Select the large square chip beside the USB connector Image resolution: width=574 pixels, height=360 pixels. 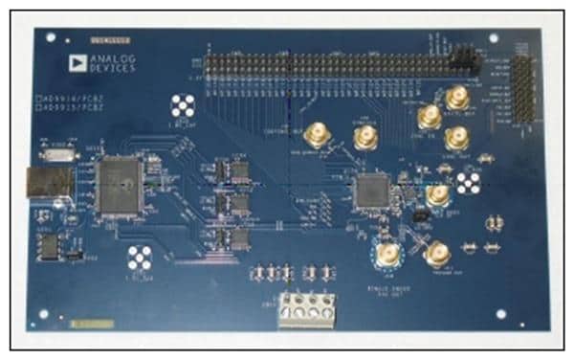[x=120, y=183]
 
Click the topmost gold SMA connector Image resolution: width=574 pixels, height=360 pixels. [x=457, y=97]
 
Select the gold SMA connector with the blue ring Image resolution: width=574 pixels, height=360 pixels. [x=387, y=253]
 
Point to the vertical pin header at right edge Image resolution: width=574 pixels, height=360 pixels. [x=523, y=88]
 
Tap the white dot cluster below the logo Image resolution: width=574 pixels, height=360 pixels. [x=183, y=105]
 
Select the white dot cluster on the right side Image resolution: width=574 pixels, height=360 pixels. [x=468, y=182]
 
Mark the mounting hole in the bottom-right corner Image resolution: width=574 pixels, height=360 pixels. [x=500, y=313]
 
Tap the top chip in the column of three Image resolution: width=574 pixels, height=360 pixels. [x=233, y=171]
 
